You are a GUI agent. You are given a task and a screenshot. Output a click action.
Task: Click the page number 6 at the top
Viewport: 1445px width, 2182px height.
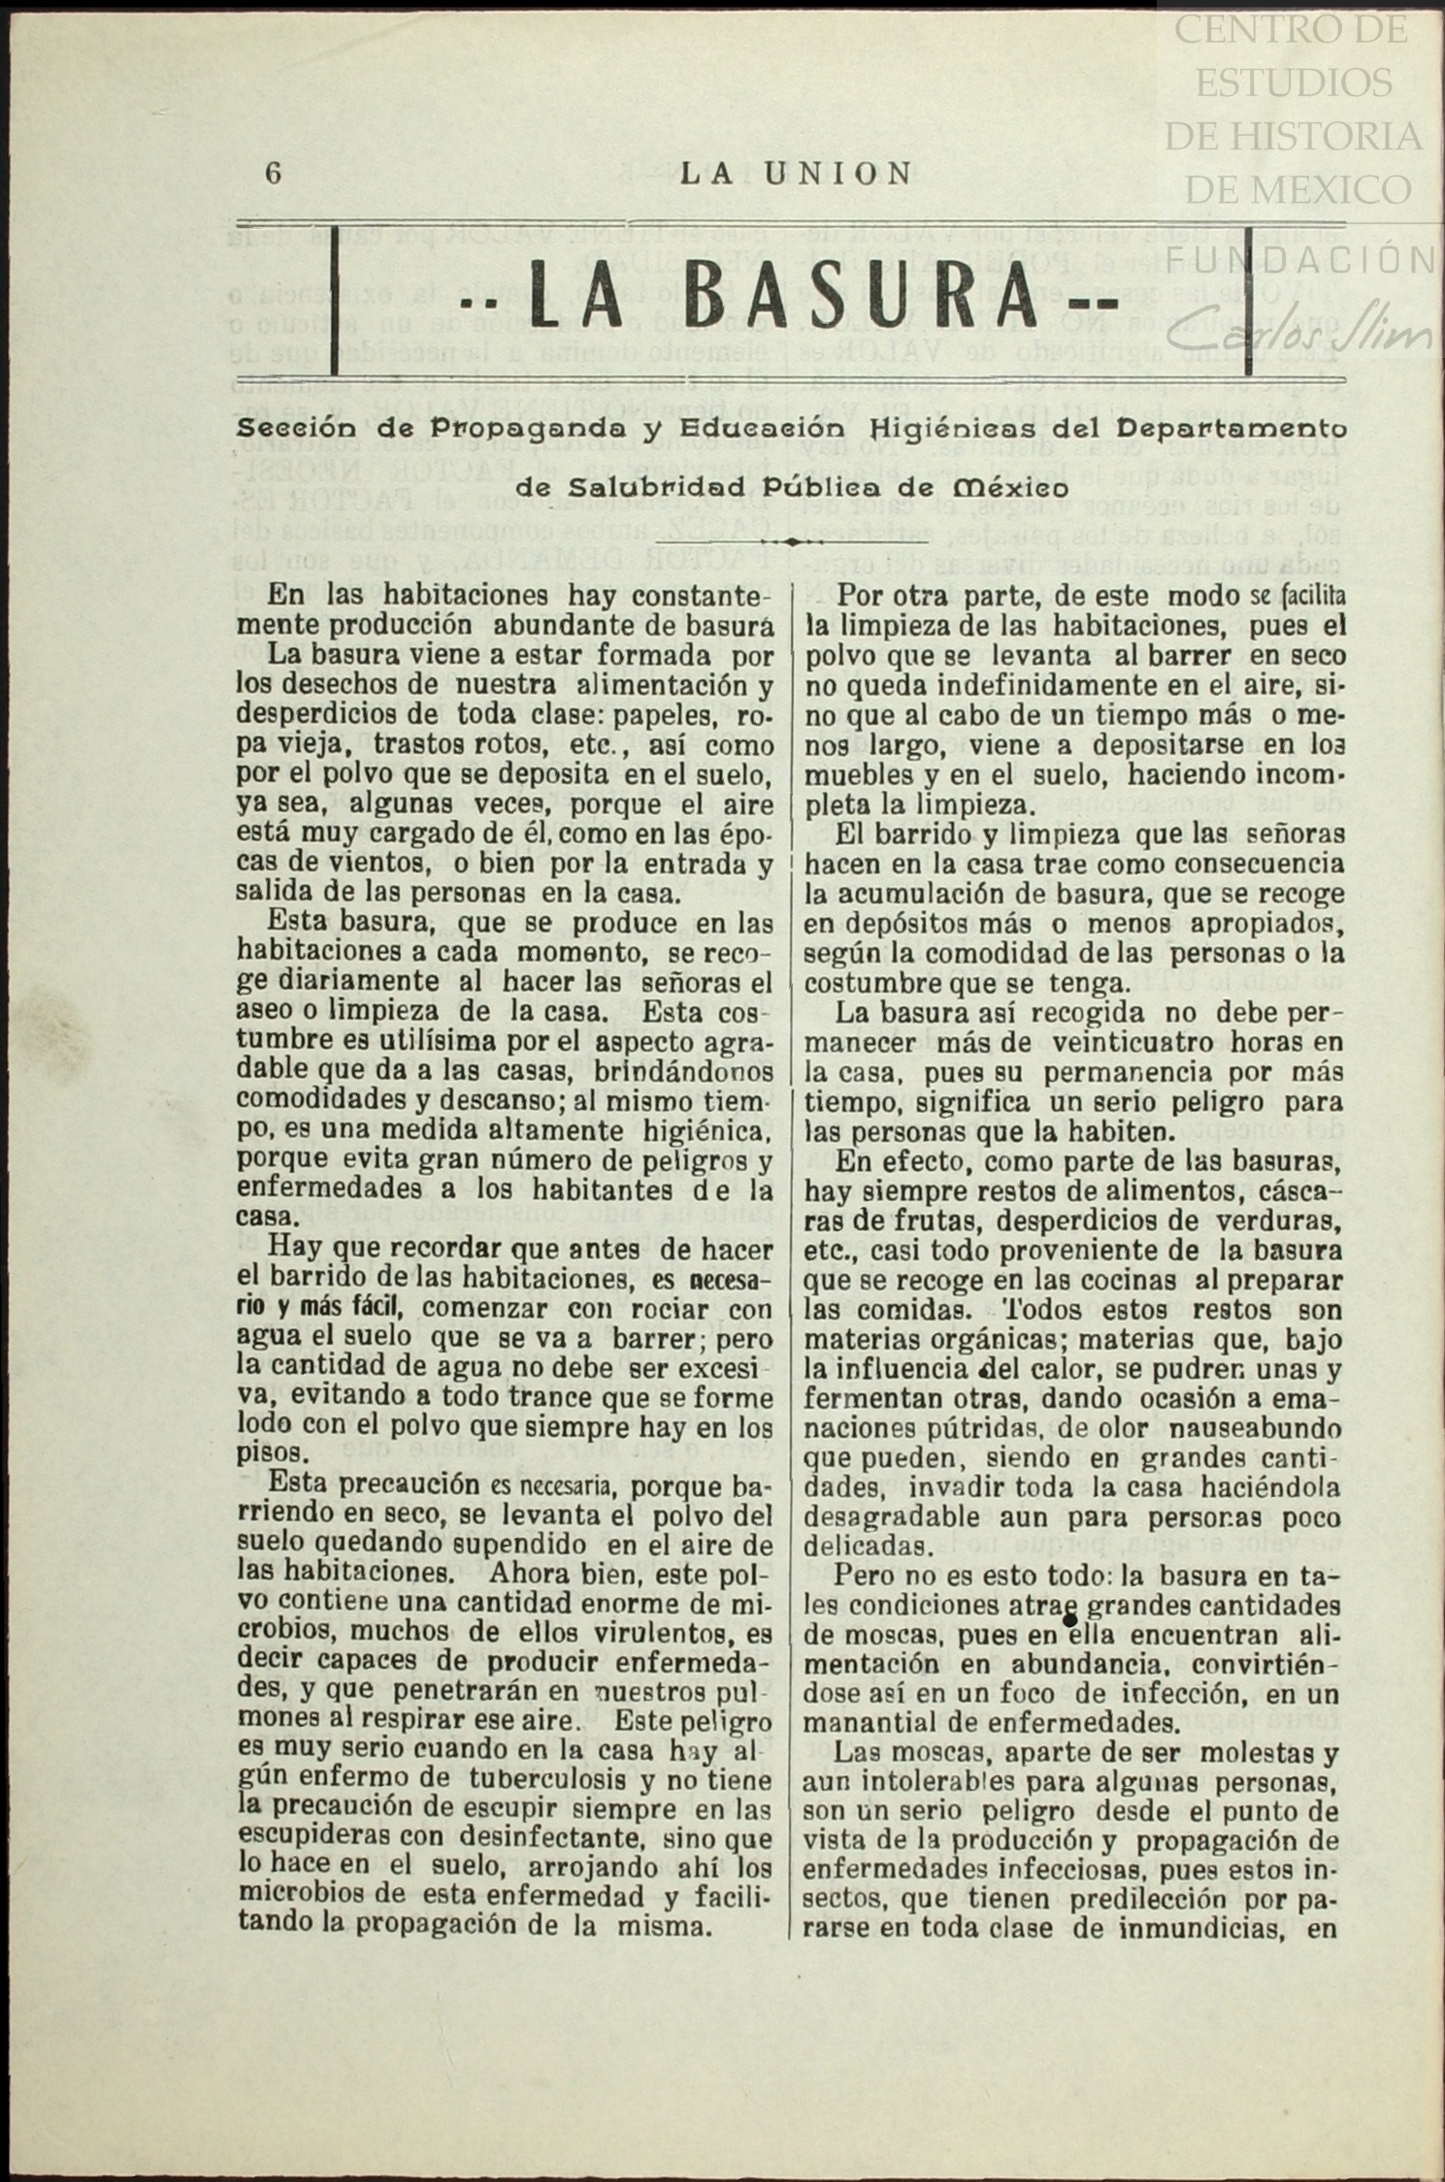coord(273,174)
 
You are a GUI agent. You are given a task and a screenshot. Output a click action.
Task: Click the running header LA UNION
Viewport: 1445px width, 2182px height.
coord(796,174)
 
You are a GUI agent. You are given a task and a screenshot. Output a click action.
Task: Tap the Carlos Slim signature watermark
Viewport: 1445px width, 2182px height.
coord(1300,335)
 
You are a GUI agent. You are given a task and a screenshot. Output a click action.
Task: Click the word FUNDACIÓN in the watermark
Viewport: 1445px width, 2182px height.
coord(1300,259)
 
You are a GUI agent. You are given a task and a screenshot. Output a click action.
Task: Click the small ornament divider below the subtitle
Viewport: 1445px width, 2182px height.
coord(790,541)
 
